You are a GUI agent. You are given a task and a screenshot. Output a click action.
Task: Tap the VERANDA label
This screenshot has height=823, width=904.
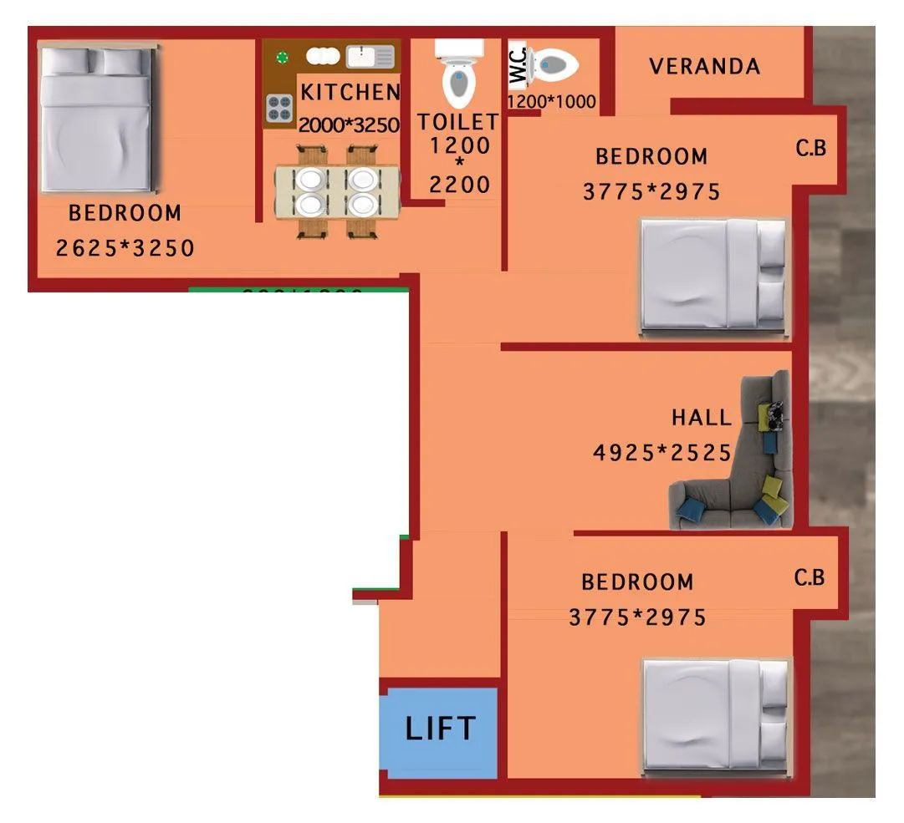[705, 67]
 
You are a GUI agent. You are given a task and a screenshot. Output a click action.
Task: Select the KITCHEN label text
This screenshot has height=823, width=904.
[350, 92]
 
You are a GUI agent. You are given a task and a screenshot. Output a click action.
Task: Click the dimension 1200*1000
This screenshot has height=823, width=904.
[552, 102]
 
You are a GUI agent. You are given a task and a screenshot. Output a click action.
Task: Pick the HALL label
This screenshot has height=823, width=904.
[701, 417]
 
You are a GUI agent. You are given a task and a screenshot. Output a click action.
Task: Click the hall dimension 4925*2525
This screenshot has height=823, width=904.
[662, 453]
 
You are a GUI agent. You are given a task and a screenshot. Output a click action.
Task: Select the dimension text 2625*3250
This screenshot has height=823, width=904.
[125, 248]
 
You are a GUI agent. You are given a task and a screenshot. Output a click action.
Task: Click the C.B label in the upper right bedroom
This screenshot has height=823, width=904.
[810, 149]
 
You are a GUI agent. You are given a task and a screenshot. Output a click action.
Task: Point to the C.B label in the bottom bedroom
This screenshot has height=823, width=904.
[810, 577]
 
